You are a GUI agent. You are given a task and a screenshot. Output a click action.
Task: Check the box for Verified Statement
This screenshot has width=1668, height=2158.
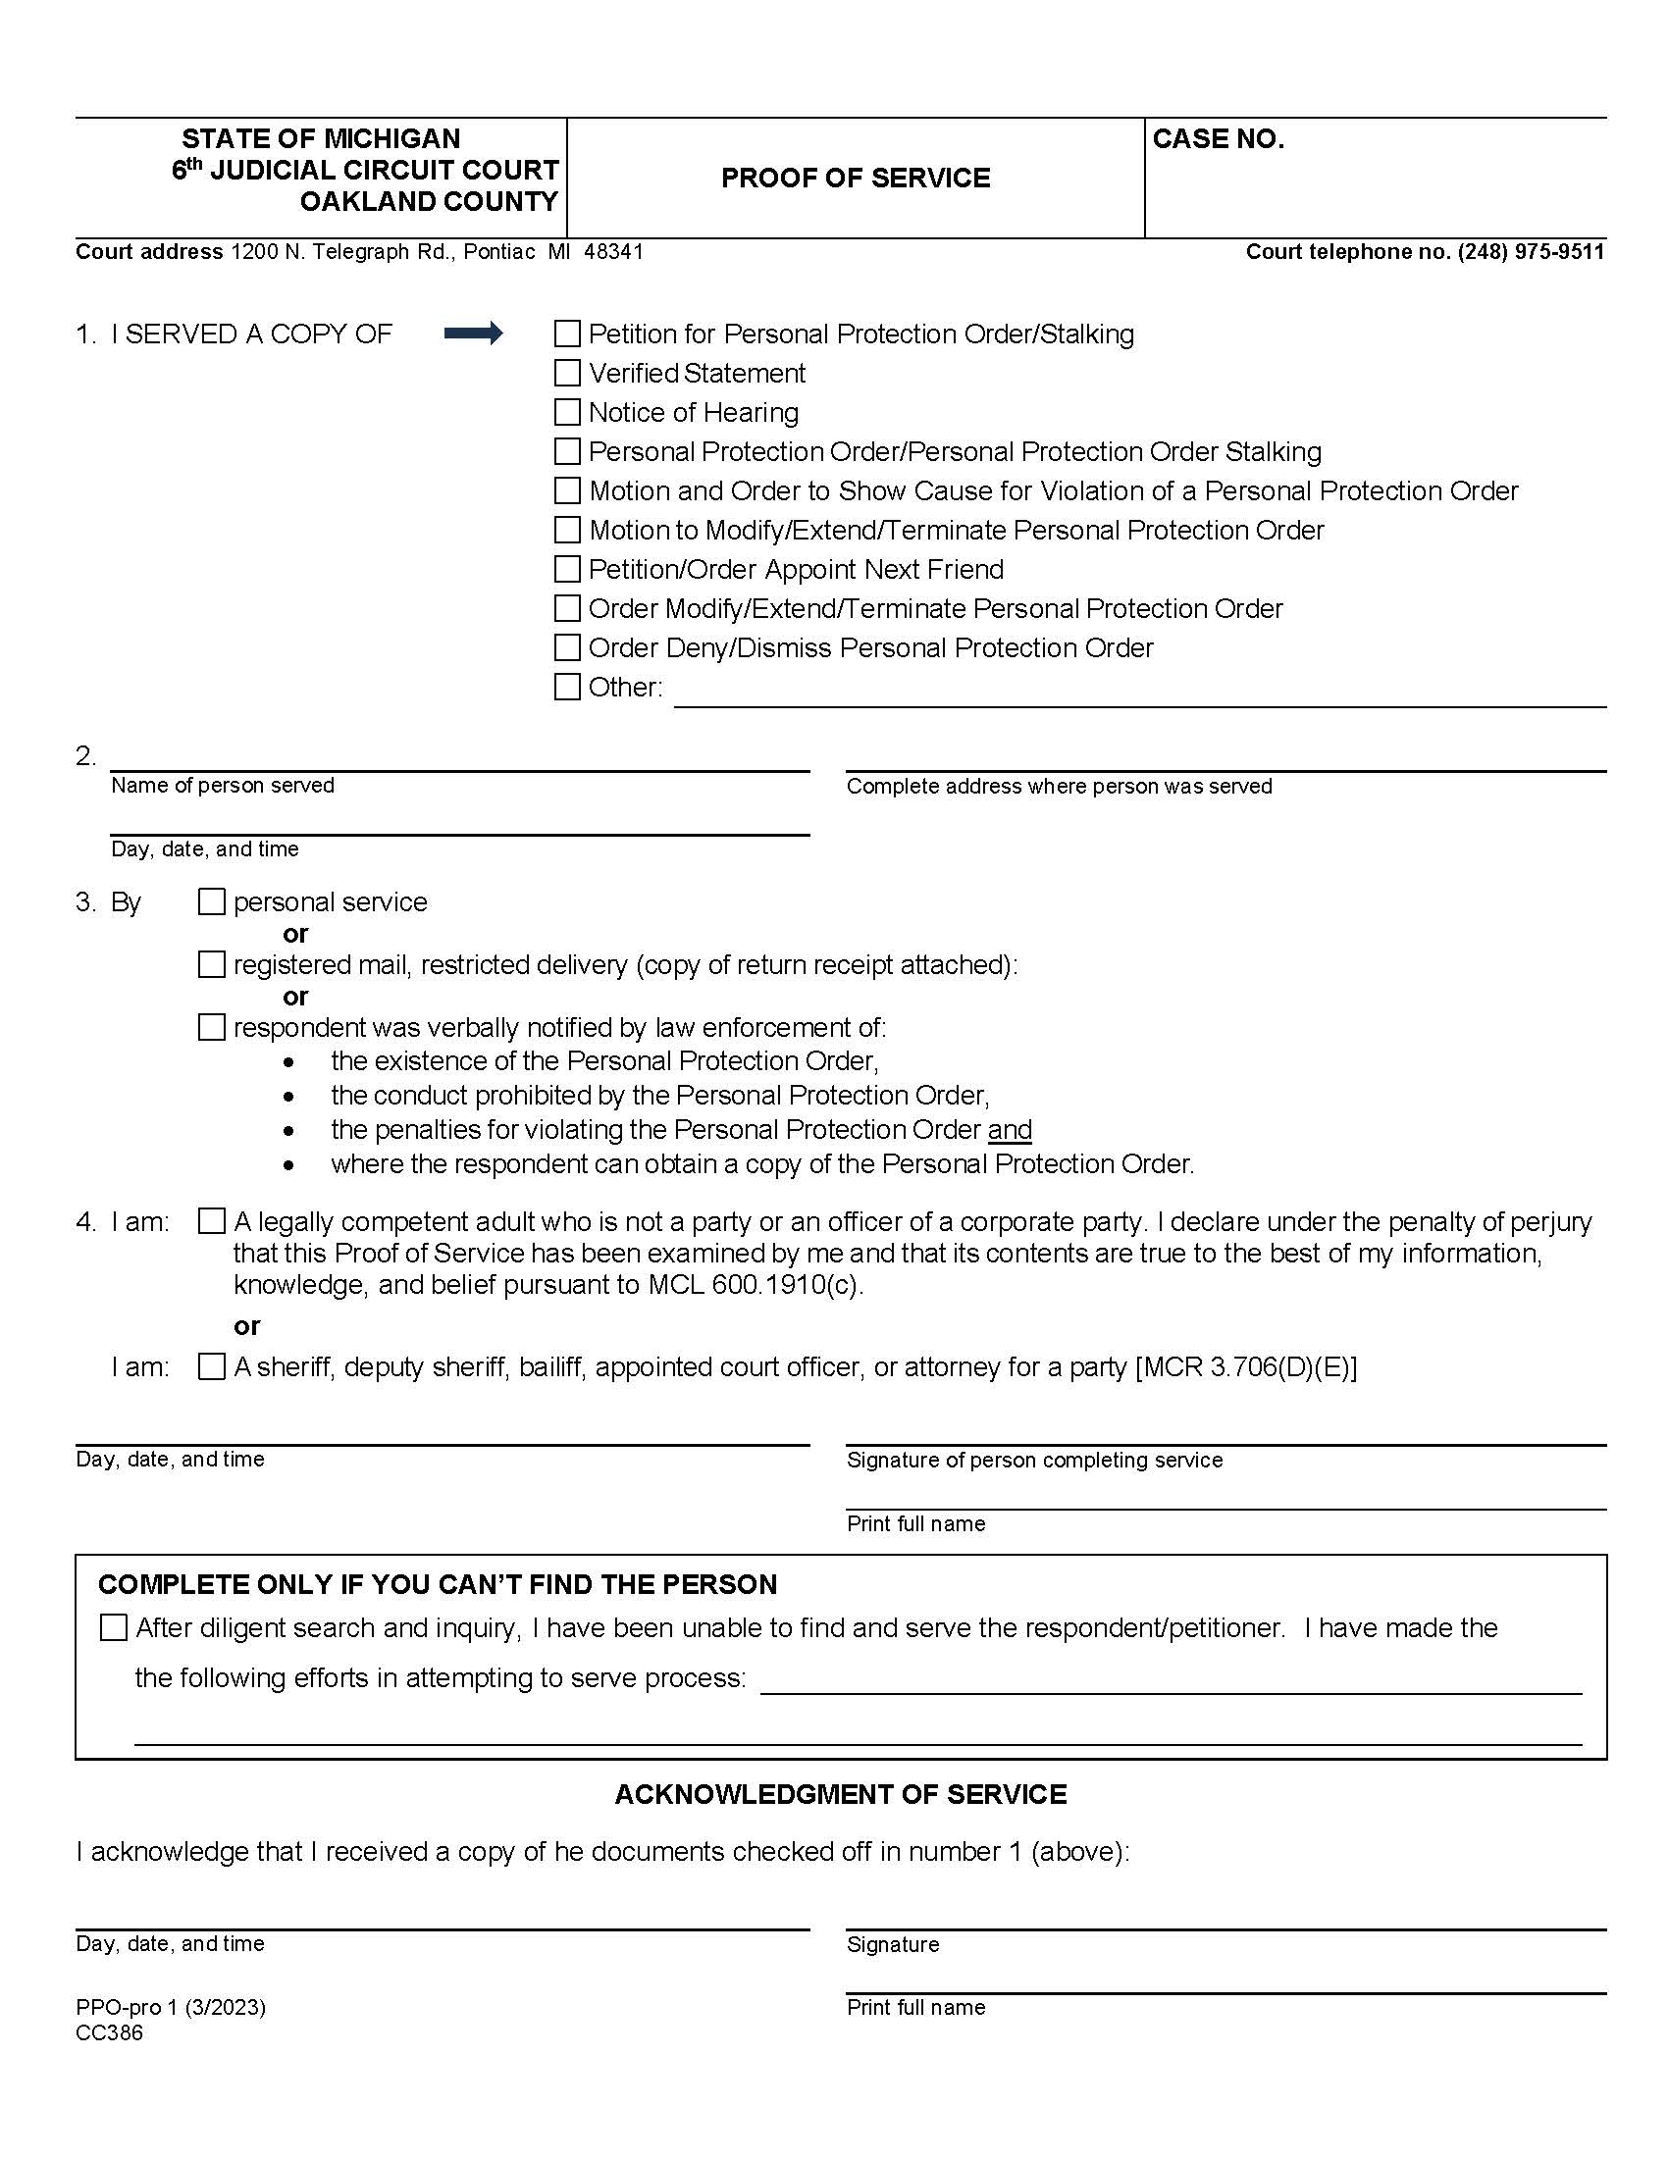(567, 374)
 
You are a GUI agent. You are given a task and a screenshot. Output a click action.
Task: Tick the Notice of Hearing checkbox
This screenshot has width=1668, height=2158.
(567, 412)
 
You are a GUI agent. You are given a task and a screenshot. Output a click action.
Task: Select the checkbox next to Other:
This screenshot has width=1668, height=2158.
(567, 687)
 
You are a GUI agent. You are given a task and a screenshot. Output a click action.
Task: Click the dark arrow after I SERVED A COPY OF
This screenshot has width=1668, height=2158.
(473, 334)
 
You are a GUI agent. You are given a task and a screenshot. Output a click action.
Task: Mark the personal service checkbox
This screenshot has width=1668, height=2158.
(212, 902)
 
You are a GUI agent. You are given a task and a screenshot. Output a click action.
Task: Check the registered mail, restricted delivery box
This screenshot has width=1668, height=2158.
(212, 964)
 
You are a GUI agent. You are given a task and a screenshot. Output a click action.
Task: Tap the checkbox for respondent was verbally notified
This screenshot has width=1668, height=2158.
(212, 1028)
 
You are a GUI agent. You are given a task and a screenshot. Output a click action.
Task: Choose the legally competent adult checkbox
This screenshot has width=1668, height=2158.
(212, 1222)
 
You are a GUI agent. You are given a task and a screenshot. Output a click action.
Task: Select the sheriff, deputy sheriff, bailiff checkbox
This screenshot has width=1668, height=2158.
(212, 1367)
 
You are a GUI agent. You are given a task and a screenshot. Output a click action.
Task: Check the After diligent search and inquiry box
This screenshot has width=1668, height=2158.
(114, 1628)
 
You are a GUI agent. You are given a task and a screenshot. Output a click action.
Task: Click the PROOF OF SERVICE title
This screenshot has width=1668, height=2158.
(855, 178)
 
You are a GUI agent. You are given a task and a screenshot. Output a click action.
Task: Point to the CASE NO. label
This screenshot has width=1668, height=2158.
(1218, 139)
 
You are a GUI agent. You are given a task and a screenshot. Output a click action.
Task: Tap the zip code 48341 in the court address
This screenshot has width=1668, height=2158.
(612, 252)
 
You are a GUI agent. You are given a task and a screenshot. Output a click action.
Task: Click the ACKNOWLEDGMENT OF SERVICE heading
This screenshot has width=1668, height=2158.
(840, 1794)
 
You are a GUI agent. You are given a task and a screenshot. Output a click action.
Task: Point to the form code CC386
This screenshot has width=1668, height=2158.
(109, 2033)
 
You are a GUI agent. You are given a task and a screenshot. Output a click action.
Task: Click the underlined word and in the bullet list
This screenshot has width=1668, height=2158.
(1010, 1129)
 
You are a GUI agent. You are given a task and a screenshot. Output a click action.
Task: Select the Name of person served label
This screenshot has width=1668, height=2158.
(223, 786)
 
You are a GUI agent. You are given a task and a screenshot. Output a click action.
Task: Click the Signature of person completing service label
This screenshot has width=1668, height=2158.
(1033, 1461)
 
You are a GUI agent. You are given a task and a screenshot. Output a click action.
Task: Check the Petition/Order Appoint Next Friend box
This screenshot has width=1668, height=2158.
(567, 569)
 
